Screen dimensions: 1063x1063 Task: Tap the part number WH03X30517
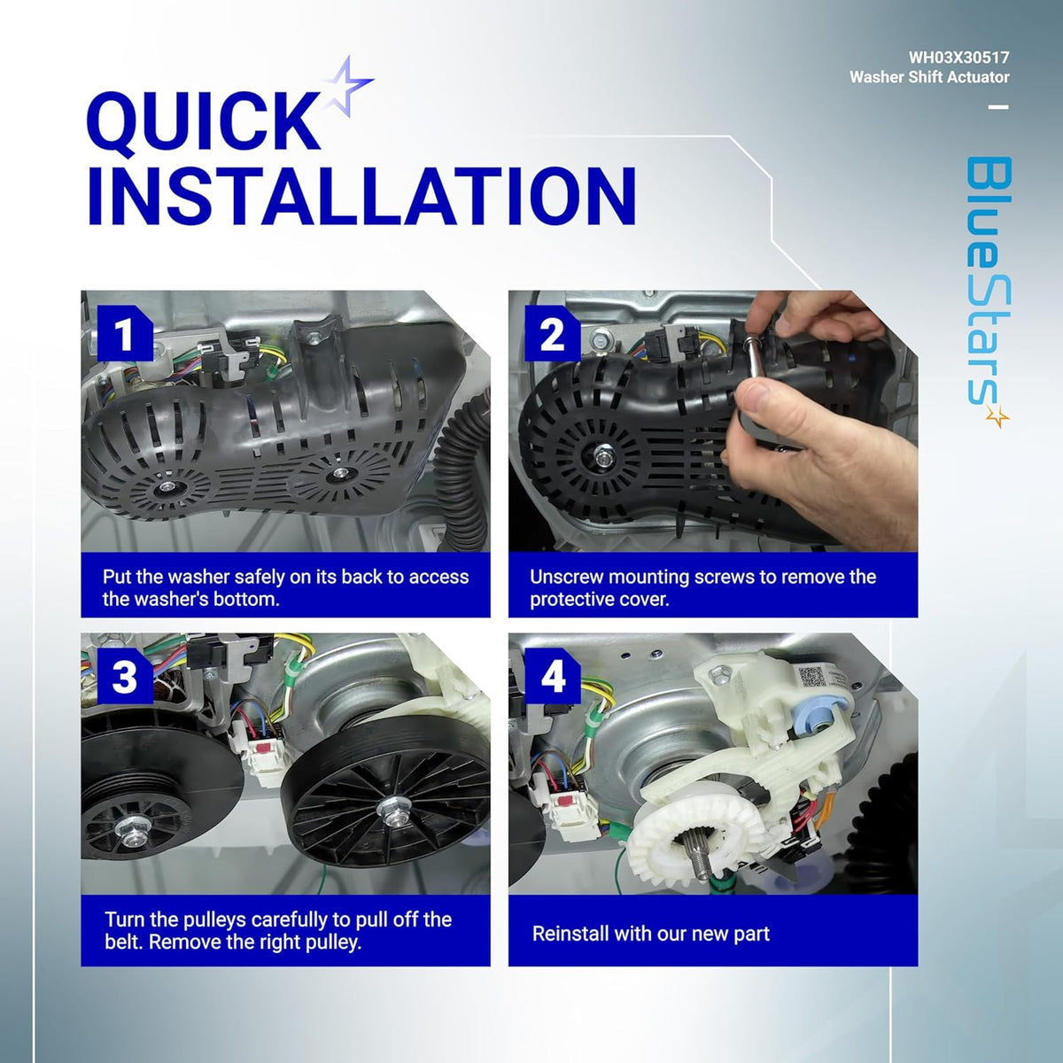point(958,58)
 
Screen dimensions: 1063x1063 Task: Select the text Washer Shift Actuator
point(929,77)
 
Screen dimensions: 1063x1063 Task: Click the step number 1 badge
point(125,334)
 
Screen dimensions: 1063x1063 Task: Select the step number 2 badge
point(552,334)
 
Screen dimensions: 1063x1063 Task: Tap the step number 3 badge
point(125,676)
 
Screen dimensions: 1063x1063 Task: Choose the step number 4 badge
point(552,676)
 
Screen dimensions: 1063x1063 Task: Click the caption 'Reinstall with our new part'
point(651,934)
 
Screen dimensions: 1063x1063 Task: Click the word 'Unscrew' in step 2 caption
point(566,577)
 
